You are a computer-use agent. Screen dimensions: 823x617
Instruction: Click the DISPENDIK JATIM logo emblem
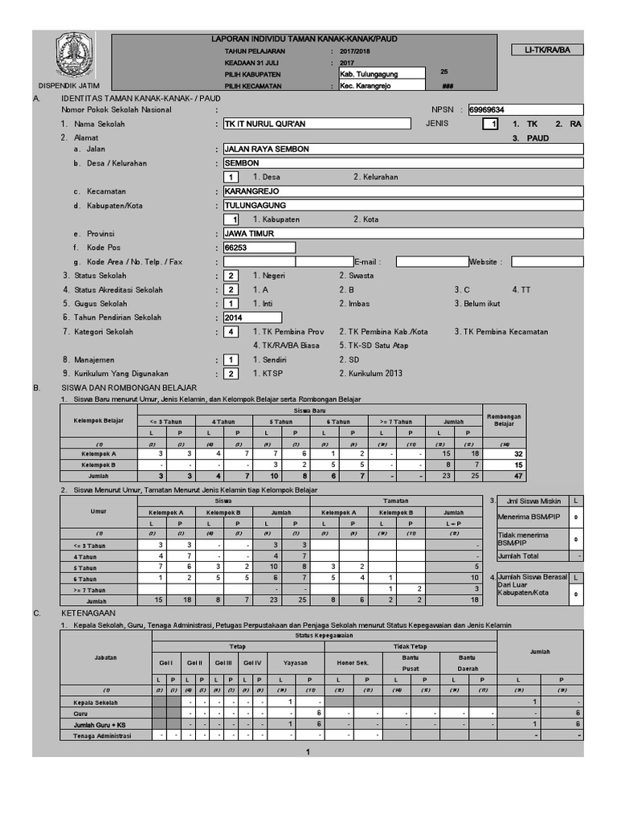[x=74, y=55]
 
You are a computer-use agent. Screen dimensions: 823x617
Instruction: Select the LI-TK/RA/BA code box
[x=548, y=50]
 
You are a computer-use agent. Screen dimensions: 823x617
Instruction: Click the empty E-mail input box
[x=431, y=261]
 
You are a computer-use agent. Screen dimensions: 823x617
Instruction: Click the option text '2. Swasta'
[x=356, y=276]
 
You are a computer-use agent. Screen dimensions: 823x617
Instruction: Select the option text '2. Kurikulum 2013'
[x=370, y=374]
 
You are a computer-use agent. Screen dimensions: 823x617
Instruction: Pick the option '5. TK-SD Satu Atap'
[x=374, y=346]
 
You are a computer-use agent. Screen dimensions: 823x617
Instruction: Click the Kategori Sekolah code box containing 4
[x=231, y=332]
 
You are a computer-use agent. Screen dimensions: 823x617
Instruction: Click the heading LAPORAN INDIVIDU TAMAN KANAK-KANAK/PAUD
[x=304, y=39]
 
